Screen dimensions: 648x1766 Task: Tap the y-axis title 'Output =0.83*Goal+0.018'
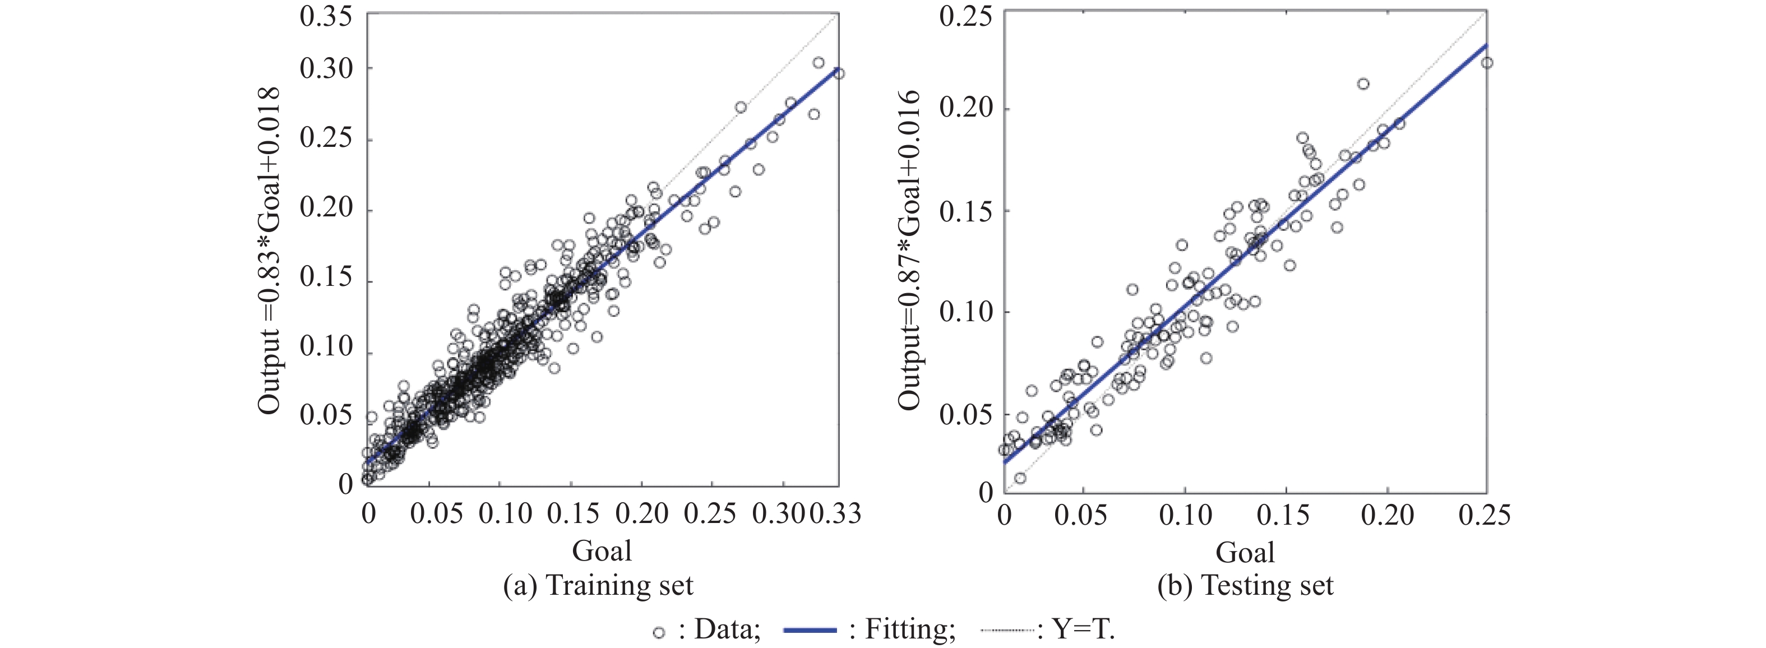click(x=269, y=250)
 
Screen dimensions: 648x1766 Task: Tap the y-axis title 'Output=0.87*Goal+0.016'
click(x=910, y=250)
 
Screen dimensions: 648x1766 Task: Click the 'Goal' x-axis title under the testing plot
click(x=1245, y=552)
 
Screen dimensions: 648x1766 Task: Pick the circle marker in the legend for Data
click(x=659, y=632)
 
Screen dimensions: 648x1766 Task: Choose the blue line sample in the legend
click(x=810, y=630)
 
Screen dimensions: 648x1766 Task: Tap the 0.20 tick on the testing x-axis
click(x=1387, y=515)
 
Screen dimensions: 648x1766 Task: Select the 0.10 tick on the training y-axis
click(x=326, y=346)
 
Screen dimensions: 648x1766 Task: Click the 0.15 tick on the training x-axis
click(x=573, y=513)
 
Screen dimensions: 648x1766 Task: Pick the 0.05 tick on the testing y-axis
click(x=965, y=415)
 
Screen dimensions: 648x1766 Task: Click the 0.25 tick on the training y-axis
click(x=326, y=138)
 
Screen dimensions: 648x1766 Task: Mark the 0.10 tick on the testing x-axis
click(x=1185, y=515)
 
